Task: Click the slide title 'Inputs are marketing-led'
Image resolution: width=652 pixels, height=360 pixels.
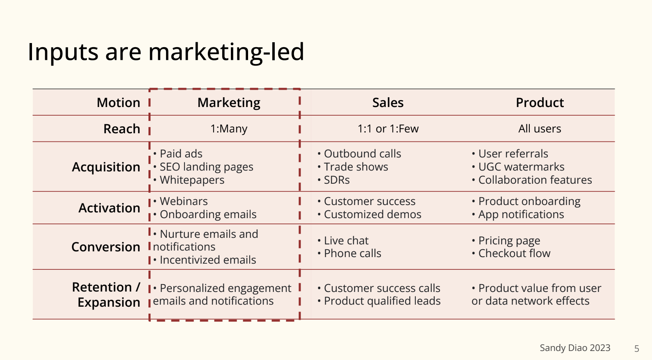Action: [166, 52]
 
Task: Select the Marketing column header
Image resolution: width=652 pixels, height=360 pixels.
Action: [229, 103]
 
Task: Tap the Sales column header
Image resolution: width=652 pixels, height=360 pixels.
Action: [388, 103]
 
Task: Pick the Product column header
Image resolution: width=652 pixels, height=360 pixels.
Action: [540, 103]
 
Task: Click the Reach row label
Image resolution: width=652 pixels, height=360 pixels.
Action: [122, 129]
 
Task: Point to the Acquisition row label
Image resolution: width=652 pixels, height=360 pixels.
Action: [106, 167]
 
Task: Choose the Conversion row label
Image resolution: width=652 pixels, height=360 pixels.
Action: [106, 247]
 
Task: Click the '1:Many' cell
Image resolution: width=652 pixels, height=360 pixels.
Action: [229, 129]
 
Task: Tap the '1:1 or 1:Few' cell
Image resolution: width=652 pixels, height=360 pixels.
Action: [388, 129]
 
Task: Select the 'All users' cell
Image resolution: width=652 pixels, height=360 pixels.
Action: [540, 129]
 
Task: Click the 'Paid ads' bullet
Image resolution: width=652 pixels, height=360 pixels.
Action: [178, 153]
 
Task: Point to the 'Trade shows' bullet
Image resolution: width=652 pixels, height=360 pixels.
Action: [353, 167]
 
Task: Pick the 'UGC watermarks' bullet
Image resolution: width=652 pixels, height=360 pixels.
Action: [518, 167]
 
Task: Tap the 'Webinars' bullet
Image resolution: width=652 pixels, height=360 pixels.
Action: [180, 201]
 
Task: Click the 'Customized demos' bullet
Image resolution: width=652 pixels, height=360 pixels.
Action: [369, 214]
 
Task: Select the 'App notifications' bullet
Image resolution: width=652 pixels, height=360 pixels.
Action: [518, 214]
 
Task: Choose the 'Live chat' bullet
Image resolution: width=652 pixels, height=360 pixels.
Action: [343, 241]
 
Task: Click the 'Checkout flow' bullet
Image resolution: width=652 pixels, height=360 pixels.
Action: [511, 253]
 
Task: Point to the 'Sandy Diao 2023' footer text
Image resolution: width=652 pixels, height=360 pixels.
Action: [575, 348]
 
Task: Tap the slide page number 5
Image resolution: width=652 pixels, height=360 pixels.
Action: [636, 349]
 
